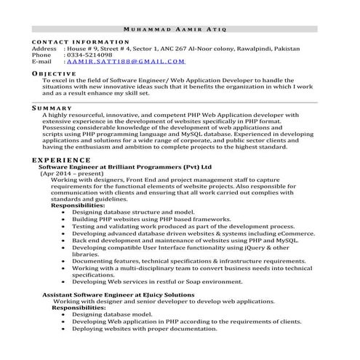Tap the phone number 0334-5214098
(89, 55)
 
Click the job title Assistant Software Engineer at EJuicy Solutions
(117, 294)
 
